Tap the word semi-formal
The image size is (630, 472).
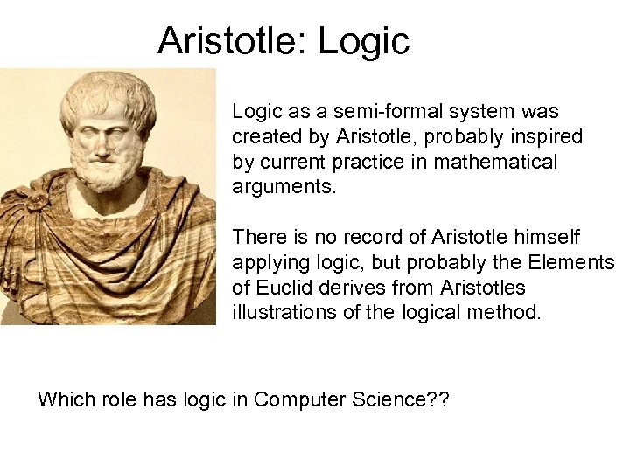366,112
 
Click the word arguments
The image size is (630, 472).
283,188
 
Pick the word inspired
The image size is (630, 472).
551,137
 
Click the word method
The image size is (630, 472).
509,313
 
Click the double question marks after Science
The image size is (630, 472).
437,399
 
